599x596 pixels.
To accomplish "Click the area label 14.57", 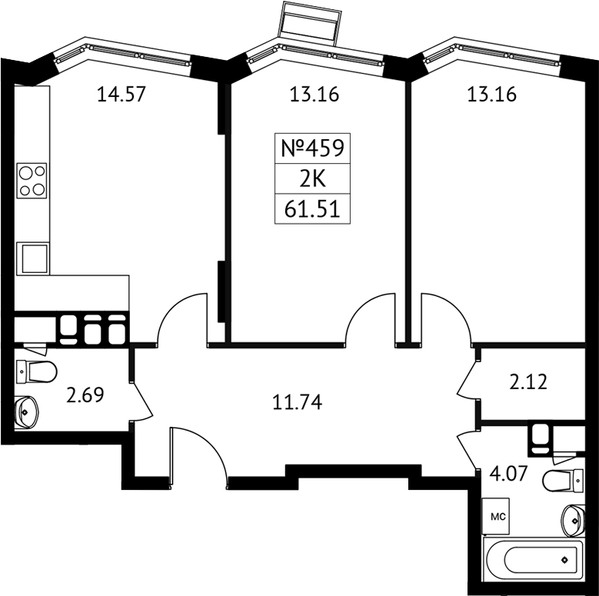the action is (x=121, y=95).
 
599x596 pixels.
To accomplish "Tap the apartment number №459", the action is (x=312, y=148).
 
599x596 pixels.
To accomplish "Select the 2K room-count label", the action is (x=312, y=179).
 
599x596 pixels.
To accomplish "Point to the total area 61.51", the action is (x=312, y=209).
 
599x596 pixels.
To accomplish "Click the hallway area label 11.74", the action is (x=298, y=402).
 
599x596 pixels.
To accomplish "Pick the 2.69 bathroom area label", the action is (x=85, y=395).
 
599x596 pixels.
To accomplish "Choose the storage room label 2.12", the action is (x=528, y=382).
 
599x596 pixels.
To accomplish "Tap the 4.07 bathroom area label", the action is (x=508, y=474).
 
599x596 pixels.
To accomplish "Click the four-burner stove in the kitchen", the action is (x=32, y=181).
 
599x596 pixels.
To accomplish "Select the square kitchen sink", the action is (x=33, y=258).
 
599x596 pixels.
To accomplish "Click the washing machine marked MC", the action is (x=496, y=516).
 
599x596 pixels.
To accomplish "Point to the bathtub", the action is (x=534, y=560).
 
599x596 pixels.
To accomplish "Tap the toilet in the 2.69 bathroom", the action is (x=37, y=371).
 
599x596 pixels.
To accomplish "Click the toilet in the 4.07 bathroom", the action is (x=564, y=481).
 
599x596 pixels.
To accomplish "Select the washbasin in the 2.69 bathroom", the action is (x=26, y=412).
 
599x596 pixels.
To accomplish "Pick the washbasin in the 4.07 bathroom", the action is (x=573, y=520).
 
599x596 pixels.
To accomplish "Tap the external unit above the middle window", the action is (x=311, y=23).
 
